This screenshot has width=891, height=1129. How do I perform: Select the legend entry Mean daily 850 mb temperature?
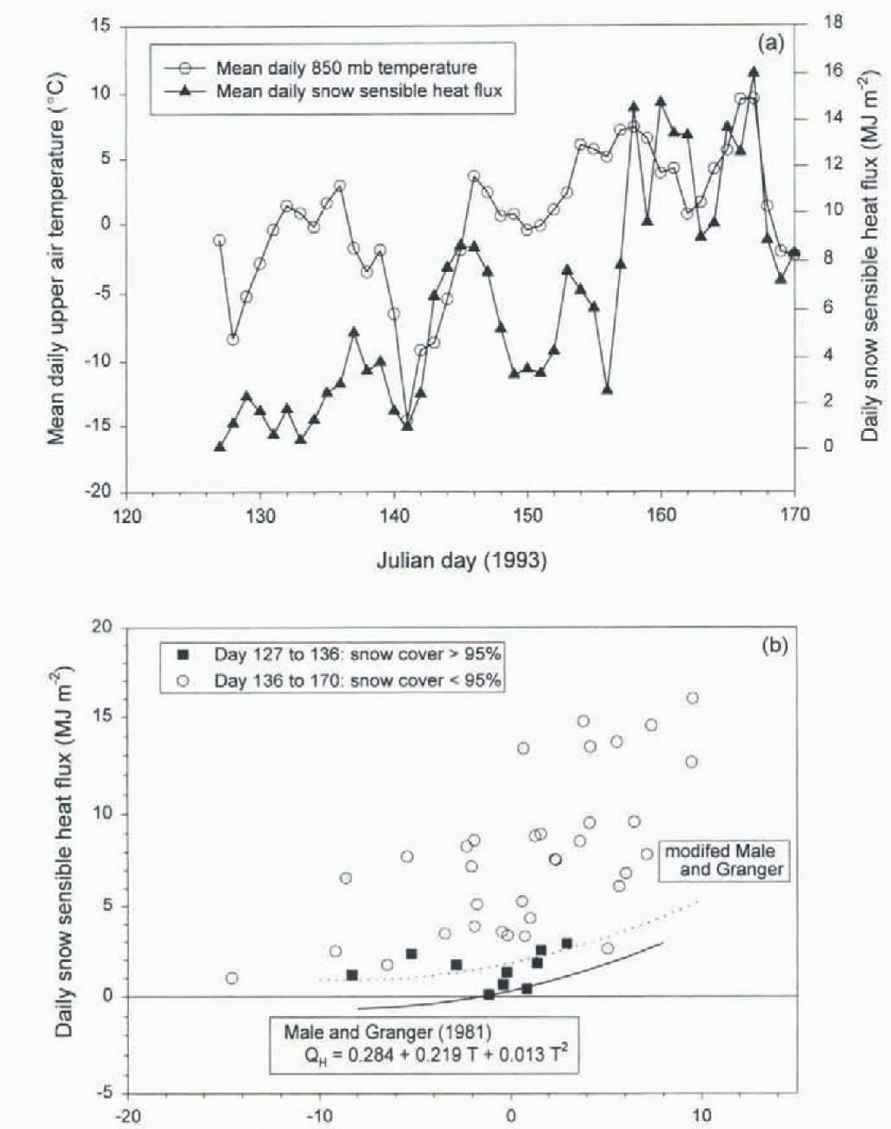[346, 68]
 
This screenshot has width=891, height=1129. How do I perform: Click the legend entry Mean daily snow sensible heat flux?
[359, 91]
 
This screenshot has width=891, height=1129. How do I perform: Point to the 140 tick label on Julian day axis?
[395, 516]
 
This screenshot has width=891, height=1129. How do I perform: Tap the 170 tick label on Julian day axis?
[795, 514]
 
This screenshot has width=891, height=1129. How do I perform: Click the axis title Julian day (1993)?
[461, 561]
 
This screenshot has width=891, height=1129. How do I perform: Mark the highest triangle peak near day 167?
[753, 72]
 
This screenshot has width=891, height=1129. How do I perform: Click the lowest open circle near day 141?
[407, 421]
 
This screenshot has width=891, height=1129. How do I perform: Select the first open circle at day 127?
[220, 240]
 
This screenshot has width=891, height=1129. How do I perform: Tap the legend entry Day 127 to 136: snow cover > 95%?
[356, 654]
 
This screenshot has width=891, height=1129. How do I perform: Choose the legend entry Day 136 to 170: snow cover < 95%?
[356, 681]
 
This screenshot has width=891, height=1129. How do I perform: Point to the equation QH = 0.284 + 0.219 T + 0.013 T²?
[433, 1055]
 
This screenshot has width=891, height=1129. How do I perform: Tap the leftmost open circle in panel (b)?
[232, 978]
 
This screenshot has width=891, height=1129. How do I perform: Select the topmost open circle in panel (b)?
[692, 698]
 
